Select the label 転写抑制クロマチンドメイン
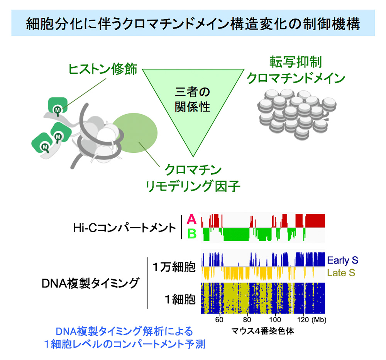click(295, 70)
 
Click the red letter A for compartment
click(191, 220)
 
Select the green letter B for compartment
click(191, 233)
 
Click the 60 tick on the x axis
click(219, 320)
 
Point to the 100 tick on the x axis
click(275, 320)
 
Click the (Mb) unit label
click(320, 320)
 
